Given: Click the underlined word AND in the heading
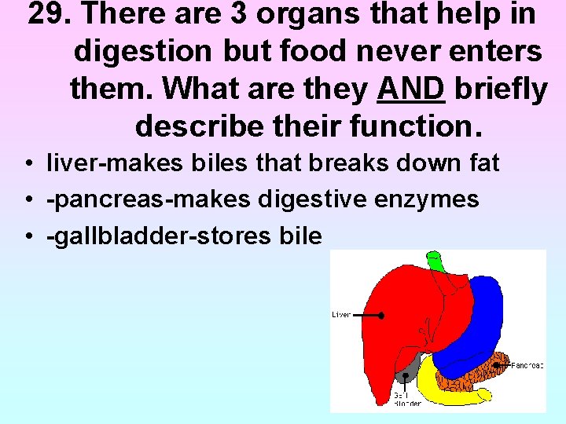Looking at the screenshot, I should coord(411,90).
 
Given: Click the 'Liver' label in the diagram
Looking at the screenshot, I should coord(341,315).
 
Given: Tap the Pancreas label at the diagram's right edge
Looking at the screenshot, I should coord(526,365).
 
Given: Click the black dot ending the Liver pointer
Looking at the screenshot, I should coord(380,316).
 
